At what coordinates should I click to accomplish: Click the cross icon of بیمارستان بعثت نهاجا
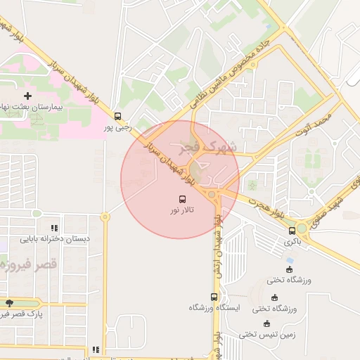coord(27,95)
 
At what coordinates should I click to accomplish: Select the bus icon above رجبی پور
coord(117,116)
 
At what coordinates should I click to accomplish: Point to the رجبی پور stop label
coord(117,127)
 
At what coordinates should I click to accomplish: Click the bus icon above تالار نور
coord(184,199)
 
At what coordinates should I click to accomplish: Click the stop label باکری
coord(292,241)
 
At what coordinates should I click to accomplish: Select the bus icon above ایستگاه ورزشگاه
coord(214,296)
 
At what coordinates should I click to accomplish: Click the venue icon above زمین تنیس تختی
coord(266,323)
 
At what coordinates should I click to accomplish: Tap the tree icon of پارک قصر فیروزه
coord(8,303)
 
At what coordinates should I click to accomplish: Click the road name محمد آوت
coord(314,121)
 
